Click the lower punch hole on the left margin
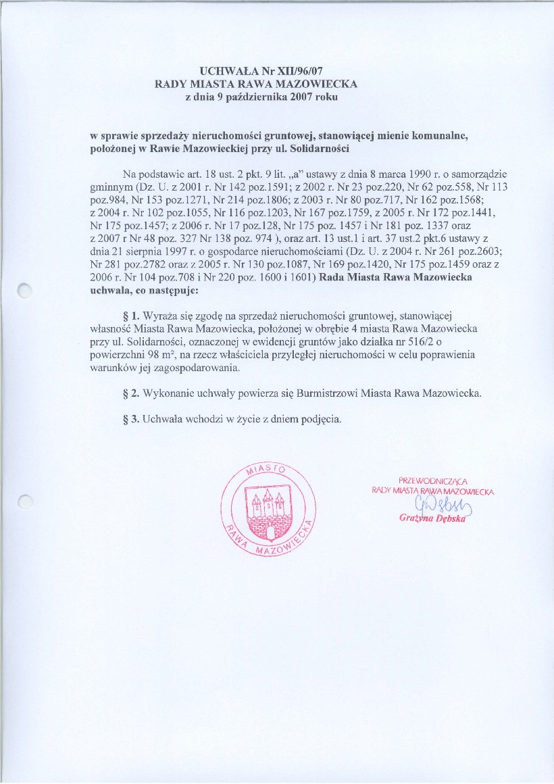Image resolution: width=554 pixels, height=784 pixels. (x=25, y=501)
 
